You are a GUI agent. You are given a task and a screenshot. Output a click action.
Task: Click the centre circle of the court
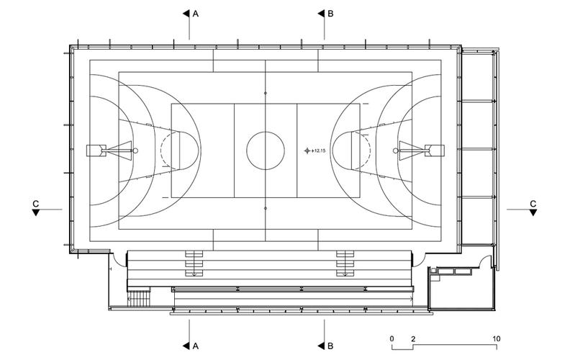[x=266, y=150]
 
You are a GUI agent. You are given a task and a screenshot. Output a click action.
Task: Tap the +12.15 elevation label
[x=318, y=150]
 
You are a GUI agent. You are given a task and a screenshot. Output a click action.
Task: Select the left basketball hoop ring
[x=135, y=150]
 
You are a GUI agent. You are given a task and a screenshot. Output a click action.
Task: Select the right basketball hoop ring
[x=395, y=150]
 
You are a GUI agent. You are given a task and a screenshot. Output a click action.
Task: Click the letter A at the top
[x=196, y=14]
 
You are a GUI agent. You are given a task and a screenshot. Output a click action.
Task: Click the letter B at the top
[x=330, y=14]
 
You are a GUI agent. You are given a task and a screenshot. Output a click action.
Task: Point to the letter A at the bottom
[x=196, y=346]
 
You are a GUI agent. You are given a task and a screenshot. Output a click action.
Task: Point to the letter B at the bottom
[x=330, y=346]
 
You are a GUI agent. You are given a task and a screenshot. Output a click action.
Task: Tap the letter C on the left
[x=35, y=204]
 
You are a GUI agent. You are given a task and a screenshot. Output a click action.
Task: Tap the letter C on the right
[x=533, y=204]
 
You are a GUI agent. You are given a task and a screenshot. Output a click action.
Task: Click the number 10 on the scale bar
[x=496, y=338]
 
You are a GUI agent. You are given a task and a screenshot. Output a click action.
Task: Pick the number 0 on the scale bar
[x=392, y=338]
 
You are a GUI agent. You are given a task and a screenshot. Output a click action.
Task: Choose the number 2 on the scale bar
[x=413, y=338]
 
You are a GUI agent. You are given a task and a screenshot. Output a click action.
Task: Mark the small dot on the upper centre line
[x=266, y=93]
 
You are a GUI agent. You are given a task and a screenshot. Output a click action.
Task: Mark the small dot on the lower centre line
[x=266, y=209]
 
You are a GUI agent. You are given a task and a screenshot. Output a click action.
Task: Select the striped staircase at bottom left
[x=139, y=298]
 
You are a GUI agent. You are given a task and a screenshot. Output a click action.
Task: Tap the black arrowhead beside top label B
[x=321, y=14]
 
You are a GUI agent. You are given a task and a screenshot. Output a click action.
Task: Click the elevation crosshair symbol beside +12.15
[x=307, y=150]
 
